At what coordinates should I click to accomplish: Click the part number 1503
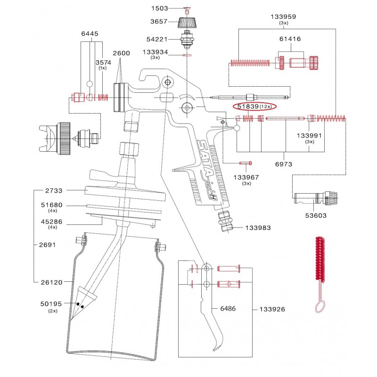click(x=159, y=8)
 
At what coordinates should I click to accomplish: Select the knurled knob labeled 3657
click(x=187, y=22)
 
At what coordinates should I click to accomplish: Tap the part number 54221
click(x=157, y=39)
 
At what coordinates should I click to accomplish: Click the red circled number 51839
click(x=248, y=107)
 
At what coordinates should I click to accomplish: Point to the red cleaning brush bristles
click(x=320, y=259)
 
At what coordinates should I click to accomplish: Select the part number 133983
click(x=258, y=228)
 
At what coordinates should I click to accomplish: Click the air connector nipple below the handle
click(x=226, y=221)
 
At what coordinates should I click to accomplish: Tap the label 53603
click(x=316, y=215)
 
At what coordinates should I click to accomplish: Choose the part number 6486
click(x=228, y=309)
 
